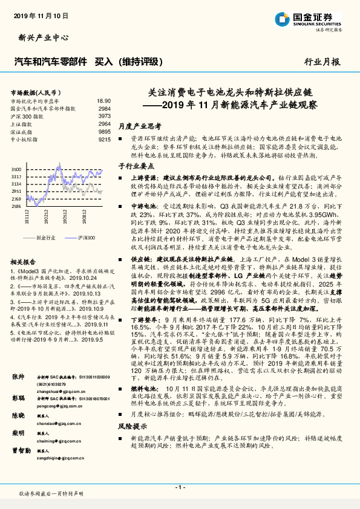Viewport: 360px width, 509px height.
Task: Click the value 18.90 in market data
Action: coord(103,101)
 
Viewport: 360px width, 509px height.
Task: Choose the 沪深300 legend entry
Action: coord(85,238)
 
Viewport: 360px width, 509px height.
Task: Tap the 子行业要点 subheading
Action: coord(134,165)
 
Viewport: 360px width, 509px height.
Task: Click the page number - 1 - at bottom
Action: coord(180,486)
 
